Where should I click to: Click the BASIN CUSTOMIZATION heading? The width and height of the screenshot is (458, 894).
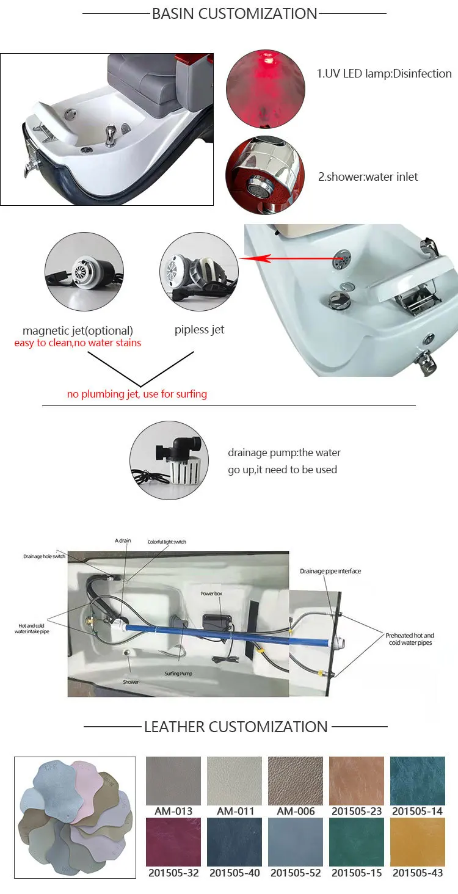(x=234, y=13)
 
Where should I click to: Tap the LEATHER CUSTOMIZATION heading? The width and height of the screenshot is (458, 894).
(x=236, y=727)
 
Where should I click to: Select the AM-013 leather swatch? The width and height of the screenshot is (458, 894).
(x=173, y=781)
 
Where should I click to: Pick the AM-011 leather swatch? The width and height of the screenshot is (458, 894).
(x=234, y=781)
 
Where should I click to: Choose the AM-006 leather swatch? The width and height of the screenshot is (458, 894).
(x=296, y=781)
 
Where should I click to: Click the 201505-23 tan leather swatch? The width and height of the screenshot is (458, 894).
(x=357, y=781)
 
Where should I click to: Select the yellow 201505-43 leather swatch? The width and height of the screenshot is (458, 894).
(x=418, y=842)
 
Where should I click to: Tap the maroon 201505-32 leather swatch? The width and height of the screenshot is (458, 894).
(x=173, y=842)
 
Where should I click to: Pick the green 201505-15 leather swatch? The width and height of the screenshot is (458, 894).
(x=357, y=842)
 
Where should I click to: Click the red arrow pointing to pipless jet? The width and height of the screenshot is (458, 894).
(x=287, y=259)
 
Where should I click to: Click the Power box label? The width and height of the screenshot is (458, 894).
(x=214, y=594)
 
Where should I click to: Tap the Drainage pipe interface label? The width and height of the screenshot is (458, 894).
(x=330, y=572)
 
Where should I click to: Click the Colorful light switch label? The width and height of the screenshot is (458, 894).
(x=167, y=542)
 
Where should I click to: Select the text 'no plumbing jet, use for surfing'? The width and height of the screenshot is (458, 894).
(x=137, y=394)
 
